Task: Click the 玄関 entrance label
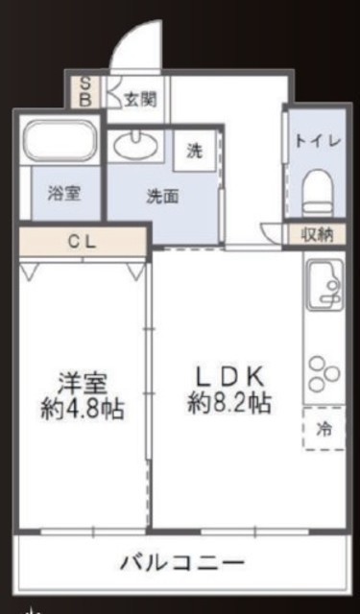140,100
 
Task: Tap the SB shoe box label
85,92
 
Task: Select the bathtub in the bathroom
60,141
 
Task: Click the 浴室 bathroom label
64,194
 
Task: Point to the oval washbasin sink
135,145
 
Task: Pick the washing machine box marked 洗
195,151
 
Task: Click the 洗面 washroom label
162,197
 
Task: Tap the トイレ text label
318,141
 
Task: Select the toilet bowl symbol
318,192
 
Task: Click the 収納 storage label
317,235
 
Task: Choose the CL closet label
83,242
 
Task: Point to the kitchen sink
324,285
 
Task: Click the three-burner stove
324,374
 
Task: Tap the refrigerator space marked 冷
324,428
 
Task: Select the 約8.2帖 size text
229,403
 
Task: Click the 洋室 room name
83,384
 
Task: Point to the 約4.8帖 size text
83,410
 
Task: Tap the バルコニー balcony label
182,563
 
